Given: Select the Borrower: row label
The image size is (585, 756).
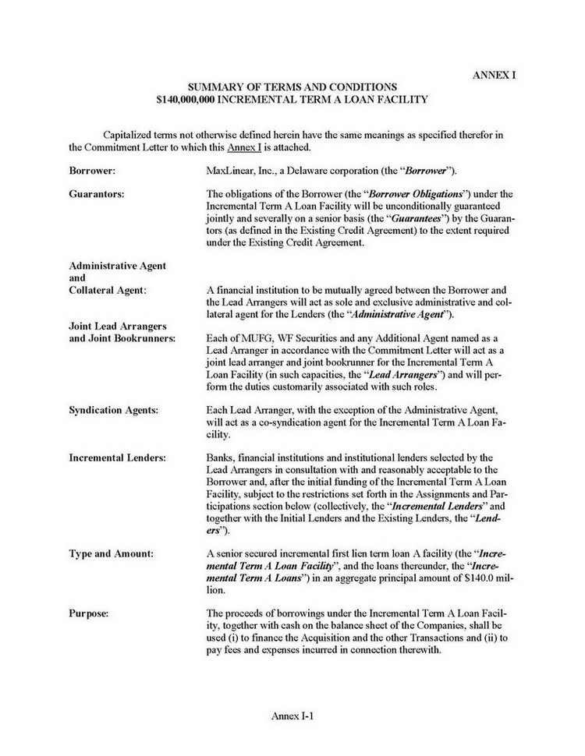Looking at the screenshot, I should [x=93, y=169].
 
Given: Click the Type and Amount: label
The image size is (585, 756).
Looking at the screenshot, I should [x=111, y=553].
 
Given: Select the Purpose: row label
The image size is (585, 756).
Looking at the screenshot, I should [x=88, y=613].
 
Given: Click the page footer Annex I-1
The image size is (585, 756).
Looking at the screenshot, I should [x=292, y=715].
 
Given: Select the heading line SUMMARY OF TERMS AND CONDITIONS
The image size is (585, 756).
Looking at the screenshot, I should [x=292, y=87].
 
